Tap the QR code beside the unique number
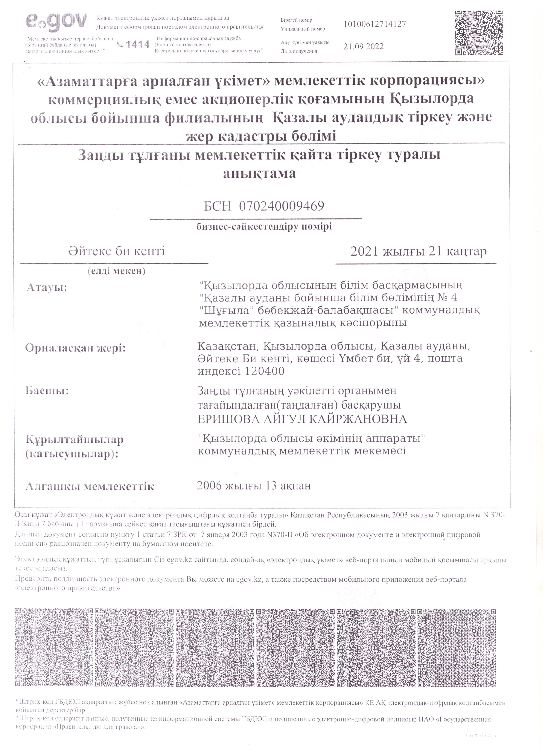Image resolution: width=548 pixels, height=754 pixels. [479, 33]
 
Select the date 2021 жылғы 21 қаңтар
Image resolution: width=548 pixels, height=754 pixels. [418, 252]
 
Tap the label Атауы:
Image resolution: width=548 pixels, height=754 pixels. [47, 287]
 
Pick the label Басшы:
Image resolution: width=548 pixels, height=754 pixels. [47, 391]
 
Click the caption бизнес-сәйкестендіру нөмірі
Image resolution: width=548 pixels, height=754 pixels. [264, 227]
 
